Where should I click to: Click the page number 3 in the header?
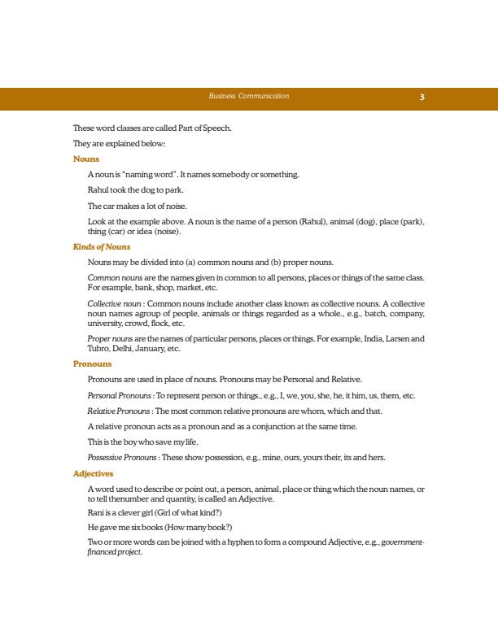tap(422, 98)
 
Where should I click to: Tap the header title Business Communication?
tap(248, 97)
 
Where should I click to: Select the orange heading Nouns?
tap(85, 159)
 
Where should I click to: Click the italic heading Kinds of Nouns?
tap(102, 246)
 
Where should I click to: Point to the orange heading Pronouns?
tap(92, 363)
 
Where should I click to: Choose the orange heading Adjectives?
tap(94, 472)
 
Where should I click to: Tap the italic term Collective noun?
tap(112, 302)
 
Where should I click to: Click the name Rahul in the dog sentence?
tap(98, 189)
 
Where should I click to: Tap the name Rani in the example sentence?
tap(96, 512)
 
